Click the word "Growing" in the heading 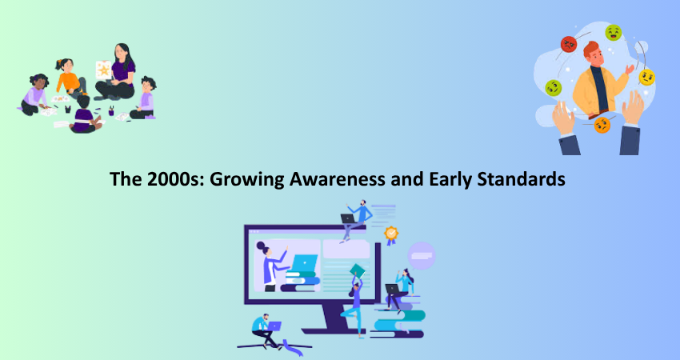[x=246, y=179]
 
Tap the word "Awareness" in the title [x=338, y=178]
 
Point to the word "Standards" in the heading [x=522, y=178]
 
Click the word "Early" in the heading [x=450, y=179]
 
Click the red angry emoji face [x=569, y=44]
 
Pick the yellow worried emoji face [x=646, y=78]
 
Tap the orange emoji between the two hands [x=602, y=125]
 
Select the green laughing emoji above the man [x=614, y=33]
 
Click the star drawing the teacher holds [x=104, y=70]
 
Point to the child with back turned [x=85, y=115]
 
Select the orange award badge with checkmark [x=391, y=234]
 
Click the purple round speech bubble [x=421, y=256]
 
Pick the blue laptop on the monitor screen [x=304, y=263]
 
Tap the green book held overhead [x=358, y=270]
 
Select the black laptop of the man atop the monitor [x=348, y=218]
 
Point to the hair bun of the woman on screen [x=260, y=246]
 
